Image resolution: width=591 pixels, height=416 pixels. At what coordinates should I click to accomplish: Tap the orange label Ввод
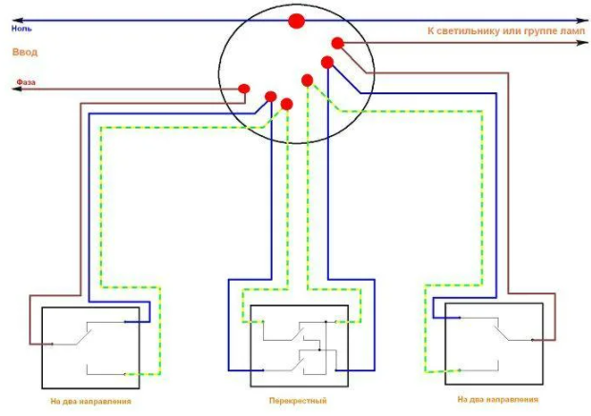coord(25,53)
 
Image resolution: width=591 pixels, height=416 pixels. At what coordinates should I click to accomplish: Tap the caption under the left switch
coord(91,402)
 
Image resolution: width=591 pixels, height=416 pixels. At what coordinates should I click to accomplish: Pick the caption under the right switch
coord(498,401)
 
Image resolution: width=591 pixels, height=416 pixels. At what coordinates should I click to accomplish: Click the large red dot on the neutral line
coord(296,20)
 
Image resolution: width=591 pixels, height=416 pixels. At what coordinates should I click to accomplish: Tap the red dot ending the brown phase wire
coord(244,89)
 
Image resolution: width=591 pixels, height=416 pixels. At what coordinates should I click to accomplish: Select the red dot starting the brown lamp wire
coord(337,43)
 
